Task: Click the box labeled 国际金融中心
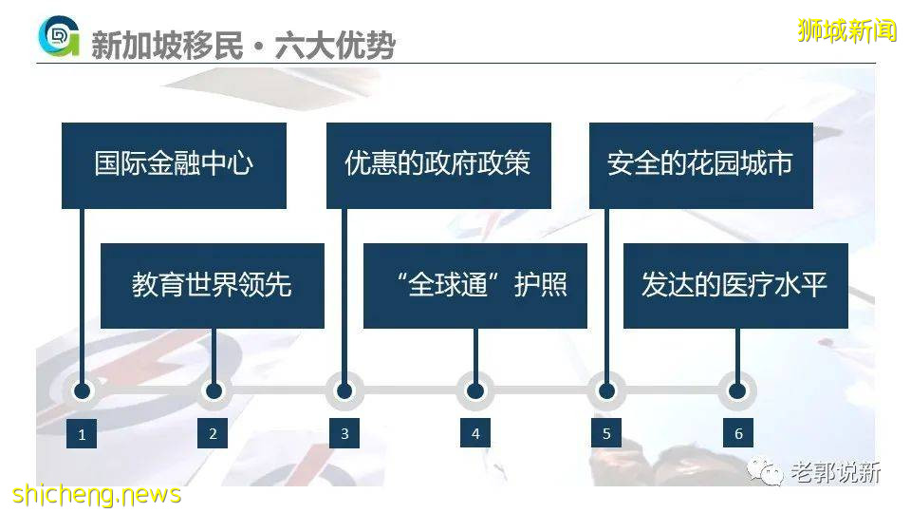(x=174, y=165)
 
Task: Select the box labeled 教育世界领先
(x=213, y=286)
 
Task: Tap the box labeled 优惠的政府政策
(x=438, y=165)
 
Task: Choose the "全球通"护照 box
(x=474, y=286)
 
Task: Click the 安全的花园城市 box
(x=700, y=165)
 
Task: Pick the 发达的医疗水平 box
(x=735, y=286)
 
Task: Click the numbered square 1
(x=83, y=434)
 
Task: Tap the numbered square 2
(x=213, y=433)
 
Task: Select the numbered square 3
(x=344, y=433)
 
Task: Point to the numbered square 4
(x=475, y=433)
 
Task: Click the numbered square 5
(x=606, y=433)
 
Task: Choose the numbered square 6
(x=738, y=433)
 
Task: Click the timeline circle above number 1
(x=83, y=390)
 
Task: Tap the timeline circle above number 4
(x=475, y=390)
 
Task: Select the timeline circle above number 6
(x=737, y=390)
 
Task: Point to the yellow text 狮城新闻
(x=846, y=30)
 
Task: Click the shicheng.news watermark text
(x=96, y=495)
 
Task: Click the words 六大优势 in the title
(x=334, y=45)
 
